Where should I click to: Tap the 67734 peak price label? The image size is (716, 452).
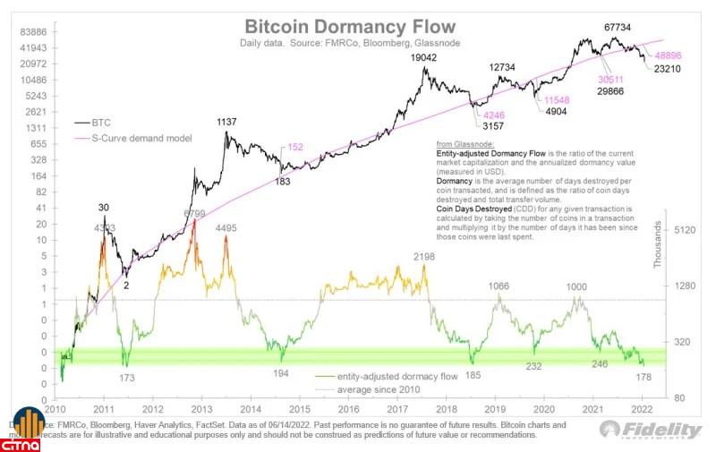click(x=618, y=28)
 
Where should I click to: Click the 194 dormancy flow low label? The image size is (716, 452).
click(x=281, y=372)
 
